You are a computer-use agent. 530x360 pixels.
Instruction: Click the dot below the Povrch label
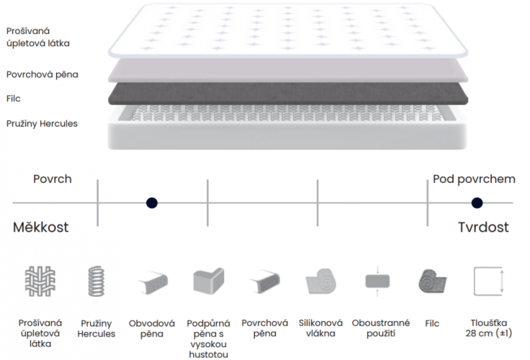[152, 203]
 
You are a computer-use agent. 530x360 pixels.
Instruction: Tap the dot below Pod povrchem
[477, 203]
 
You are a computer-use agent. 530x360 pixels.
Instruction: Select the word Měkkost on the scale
[40, 227]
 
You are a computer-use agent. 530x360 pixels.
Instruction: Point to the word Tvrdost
[483, 227]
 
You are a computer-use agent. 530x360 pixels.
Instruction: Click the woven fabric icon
[40, 282]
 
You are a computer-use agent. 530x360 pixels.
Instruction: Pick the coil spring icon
[96, 282]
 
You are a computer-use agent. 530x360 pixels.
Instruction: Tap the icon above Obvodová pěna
[153, 282]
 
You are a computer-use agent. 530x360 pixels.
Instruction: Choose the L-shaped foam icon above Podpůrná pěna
[209, 281]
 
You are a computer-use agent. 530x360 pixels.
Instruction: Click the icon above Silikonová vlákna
[320, 282]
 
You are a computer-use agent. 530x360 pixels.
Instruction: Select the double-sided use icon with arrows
[377, 282]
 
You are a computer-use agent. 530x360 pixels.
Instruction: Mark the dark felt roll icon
[432, 282]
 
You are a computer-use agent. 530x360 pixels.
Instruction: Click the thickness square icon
[489, 282]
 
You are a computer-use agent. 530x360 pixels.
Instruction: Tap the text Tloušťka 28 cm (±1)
[489, 328]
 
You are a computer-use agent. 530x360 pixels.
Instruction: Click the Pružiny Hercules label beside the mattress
[42, 124]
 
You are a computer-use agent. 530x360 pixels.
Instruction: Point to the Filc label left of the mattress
[14, 99]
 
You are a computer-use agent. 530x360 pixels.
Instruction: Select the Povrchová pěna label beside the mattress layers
[42, 74]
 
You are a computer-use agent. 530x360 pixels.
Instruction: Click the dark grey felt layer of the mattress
[288, 94]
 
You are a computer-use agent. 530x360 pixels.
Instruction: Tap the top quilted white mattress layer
[288, 30]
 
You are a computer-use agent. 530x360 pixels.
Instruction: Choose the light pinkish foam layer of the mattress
[288, 71]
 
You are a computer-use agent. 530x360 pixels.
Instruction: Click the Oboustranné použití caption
[381, 328]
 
